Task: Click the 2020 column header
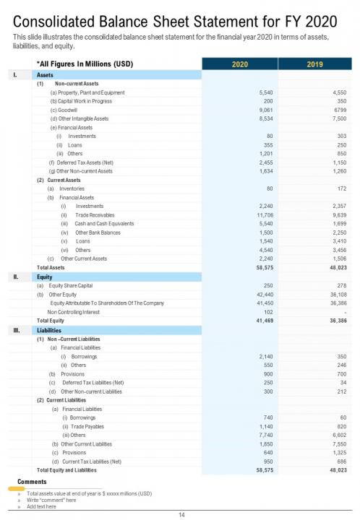[239, 64]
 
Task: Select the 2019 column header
[314, 64]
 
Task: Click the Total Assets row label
[51, 267]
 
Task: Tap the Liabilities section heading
[51, 330]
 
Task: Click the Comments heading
[31, 481]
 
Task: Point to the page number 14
[182, 513]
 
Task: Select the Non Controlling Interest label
[70, 311]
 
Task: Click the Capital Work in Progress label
[80, 101]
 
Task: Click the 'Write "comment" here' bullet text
[51, 500]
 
